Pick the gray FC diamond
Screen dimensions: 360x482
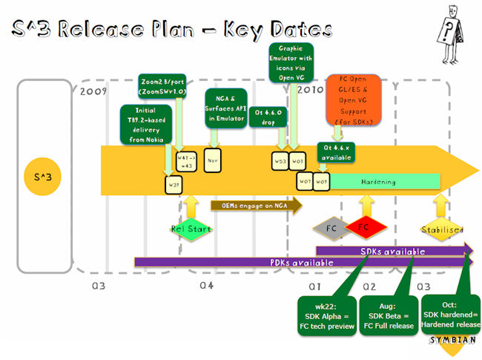331,228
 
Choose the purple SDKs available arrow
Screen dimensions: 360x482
393,251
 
